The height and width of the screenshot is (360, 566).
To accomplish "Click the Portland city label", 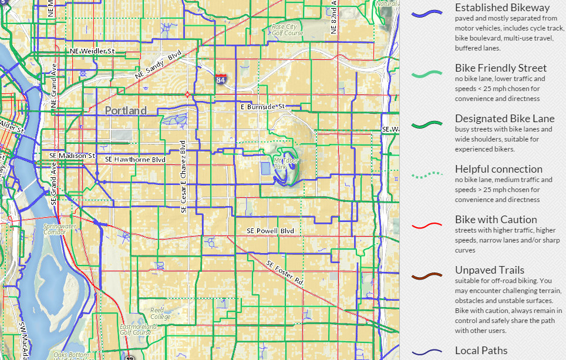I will (x=126, y=110).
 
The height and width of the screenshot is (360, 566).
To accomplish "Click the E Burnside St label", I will (x=262, y=107).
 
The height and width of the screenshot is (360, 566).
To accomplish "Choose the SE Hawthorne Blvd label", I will (x=135, y=159).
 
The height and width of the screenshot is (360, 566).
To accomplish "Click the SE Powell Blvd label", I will (x=270, y=231).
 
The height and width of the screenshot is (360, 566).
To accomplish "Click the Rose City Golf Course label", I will (x=287, y=30).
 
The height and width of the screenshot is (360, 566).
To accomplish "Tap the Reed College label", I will (x=160, y=314).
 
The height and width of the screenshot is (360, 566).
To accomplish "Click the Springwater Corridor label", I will (x=59, y=228).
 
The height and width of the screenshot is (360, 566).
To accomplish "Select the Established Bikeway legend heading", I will (x=502, y=8).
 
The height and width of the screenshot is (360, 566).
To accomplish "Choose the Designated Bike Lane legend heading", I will (x=504, y=119).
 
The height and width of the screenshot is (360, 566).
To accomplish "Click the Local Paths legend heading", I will (x=481, y=351).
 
